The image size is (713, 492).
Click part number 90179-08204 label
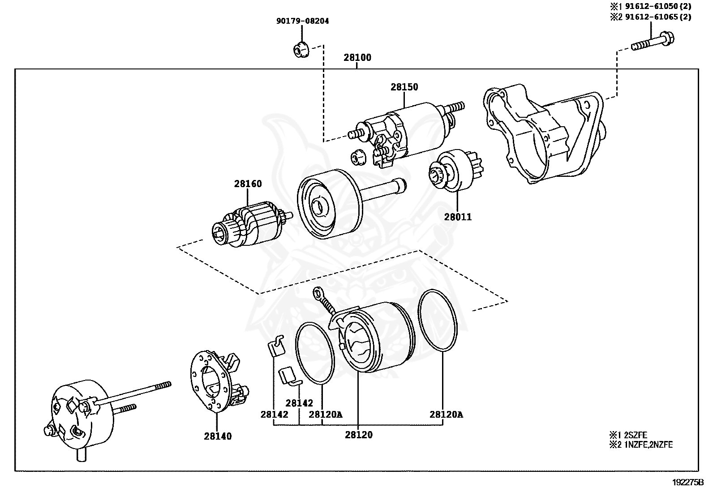[x=302, y=21]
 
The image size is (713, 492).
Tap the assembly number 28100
[x=357, y=58]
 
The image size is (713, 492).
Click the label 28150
[x=404, y=87]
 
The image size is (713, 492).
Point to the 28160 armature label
[x=248, y=184]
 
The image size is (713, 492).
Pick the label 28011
[x=458, y=217]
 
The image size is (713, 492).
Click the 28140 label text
[x=218, y=436]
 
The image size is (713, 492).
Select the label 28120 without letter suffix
[x=358, y=435]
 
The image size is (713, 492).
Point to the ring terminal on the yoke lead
[x=319, y=293]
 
